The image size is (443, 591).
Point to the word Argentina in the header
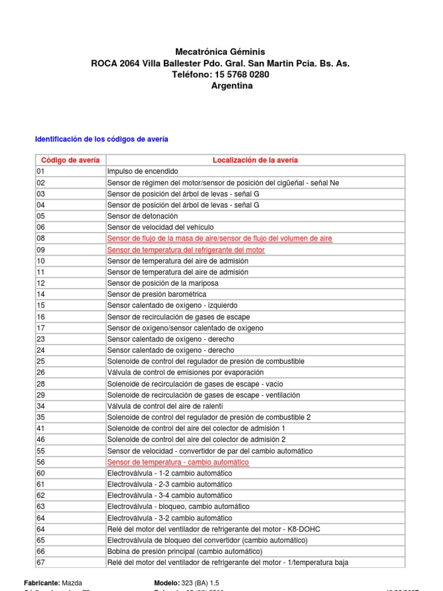[x=232, y=86]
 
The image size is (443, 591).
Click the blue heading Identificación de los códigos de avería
[x=102, y=140]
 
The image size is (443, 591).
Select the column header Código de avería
[x=70, y=160]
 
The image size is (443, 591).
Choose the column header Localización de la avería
[x=256, y=160]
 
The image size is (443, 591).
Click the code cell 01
[x=40, y=171]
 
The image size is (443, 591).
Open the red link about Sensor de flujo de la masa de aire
[x=219, y=238]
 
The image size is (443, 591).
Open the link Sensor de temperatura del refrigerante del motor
[x=186, y=250]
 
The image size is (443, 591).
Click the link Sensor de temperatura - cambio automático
[x=178, y=462]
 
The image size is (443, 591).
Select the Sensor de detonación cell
[x=142, y=216]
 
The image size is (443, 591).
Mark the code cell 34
[x=40, y=406]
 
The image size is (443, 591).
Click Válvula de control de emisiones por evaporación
[x=185, y=373]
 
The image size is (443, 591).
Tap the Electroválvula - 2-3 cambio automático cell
[x=170, y=485]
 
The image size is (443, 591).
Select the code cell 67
[x=40, y=563]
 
